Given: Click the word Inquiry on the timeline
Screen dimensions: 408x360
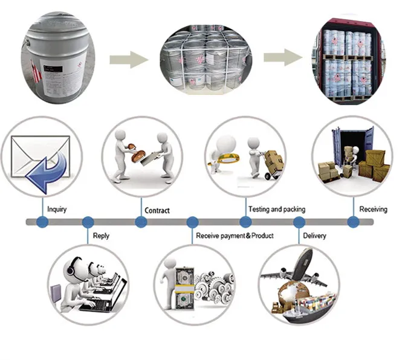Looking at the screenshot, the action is (x=56, y=210).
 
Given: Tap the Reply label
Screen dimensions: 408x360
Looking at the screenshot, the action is (x=101, y=236).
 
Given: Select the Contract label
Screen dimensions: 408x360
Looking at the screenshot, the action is (x=157, y=211).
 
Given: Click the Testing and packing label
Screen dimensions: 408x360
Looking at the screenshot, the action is (x=276, y=210).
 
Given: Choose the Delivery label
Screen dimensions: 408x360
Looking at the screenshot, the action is (x=315, y=236).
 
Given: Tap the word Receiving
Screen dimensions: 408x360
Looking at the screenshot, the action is (x=373, y=210).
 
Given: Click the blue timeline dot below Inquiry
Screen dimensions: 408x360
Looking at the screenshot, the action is (x=42, y=222).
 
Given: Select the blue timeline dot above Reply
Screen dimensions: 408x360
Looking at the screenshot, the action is (x=88, y=222).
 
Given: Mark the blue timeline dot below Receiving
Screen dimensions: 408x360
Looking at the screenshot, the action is (x=354, y=222).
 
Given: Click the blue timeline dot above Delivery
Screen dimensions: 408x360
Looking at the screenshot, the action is (x=299, y=222).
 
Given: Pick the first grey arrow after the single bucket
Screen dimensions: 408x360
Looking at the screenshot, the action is (x=128, y=59).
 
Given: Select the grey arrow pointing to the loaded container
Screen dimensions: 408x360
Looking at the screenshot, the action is (x=283, y=59).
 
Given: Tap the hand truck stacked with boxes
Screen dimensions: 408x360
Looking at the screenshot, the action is (x=272, y=163).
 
